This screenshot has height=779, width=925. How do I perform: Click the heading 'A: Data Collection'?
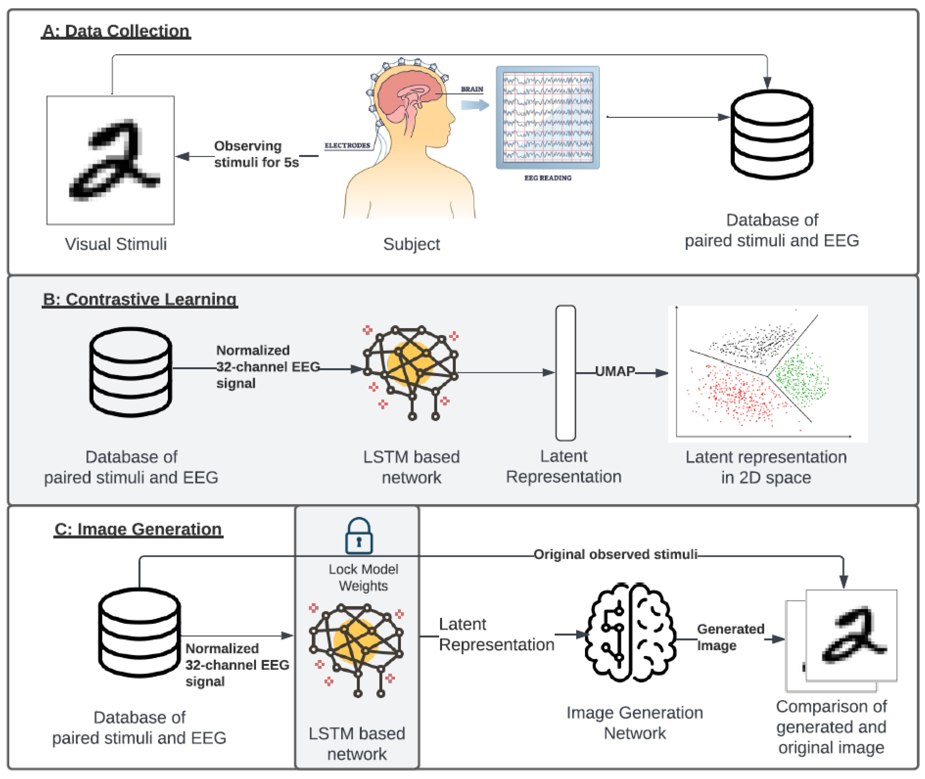(x=116, y=31)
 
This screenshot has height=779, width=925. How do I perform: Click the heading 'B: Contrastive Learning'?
(x=140, y=299)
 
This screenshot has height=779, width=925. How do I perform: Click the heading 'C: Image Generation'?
(x=138, y=529)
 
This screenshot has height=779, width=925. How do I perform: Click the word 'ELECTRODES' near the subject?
(x=347, y=145)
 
